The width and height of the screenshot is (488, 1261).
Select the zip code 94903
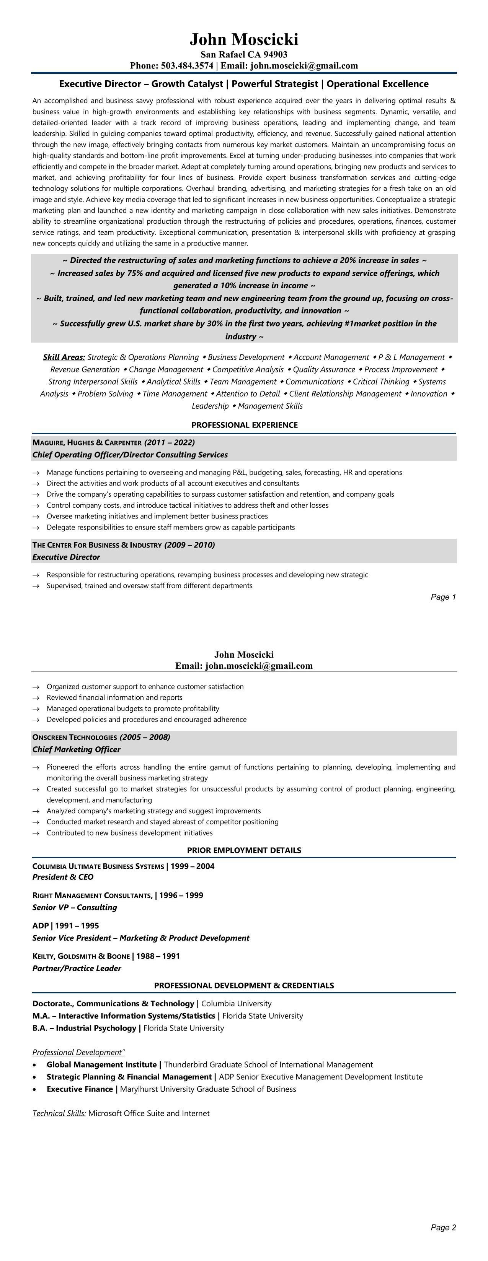tap(275, 54)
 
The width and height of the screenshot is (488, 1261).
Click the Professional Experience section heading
tap(244, 425)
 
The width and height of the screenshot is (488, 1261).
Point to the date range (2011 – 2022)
tap(170, 442)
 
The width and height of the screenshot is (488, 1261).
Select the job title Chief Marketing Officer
tap(76, 749)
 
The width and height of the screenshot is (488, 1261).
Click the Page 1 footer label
tap(443, 597)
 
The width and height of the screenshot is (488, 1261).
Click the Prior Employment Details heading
tap(244, 850)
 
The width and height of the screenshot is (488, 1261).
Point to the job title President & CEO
tap(63, 877)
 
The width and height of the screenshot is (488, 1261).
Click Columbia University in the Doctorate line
tap(236, 1004)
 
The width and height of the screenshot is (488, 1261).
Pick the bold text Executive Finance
tap(79, 1089)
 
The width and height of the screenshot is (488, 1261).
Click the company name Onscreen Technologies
tap(75, 737)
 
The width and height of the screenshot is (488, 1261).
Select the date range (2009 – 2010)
tap(189, 545)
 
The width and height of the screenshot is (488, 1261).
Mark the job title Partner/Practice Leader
tap(77, 968)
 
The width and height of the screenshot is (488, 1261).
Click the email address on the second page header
tap(259, 666)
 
